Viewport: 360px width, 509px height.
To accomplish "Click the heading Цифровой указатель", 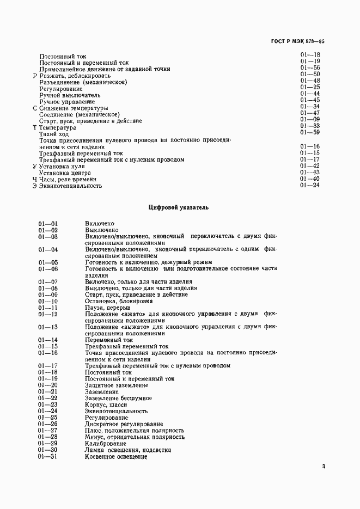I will coord(178,207).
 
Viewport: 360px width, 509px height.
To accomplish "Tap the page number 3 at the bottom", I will coord(324,466).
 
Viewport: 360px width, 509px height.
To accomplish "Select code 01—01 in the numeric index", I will coord(48,224).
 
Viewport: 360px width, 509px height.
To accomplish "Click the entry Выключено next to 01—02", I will coord(102,230).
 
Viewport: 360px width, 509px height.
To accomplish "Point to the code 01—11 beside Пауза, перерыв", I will coord(48,308).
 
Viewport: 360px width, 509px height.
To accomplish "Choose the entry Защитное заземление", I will coord(113,385).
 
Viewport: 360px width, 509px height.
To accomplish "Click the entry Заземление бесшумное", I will coord(119,398).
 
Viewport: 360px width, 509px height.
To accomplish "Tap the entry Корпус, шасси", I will coord(106,405).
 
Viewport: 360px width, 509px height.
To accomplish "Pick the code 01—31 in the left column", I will coord(48,457).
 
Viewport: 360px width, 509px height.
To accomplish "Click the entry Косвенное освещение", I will coord(117,457).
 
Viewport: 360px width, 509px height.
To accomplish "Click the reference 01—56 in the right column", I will coord(310,68).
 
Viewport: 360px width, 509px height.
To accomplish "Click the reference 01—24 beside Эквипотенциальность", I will coord(310,186).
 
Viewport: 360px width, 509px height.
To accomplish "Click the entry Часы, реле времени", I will coord(68,179).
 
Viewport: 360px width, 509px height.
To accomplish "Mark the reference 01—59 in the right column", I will coord(310,132).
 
